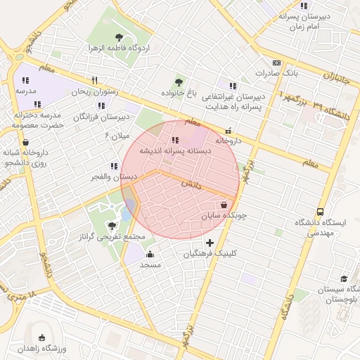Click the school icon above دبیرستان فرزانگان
(101, 105)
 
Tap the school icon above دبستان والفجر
(113, 167)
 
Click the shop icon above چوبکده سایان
(224, 205)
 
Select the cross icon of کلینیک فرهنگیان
(210, 243)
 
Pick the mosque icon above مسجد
(150, 255)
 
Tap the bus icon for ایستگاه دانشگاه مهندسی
(321, 212)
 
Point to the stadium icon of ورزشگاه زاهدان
(41, 338)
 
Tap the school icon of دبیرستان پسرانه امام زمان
(304, 6)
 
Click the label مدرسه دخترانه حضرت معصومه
(39, 120)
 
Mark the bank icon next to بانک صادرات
(277, 63)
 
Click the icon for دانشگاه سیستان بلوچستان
(344, 278)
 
